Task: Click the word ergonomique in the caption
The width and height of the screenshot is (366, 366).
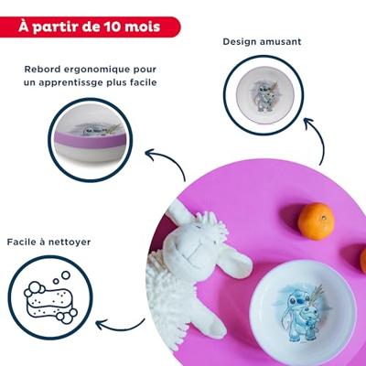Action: click(121, 69)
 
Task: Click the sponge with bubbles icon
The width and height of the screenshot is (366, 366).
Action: click(50, 297)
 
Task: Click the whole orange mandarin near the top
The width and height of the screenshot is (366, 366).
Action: click(315, 221)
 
